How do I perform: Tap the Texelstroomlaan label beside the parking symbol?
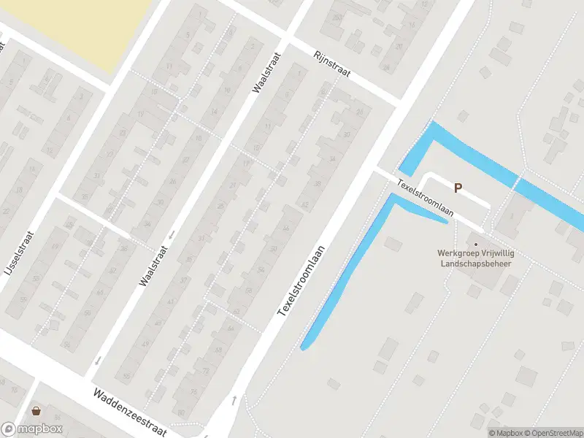click(426, 198)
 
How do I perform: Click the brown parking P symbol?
click(458, 188)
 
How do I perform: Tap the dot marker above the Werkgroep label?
click(477, 245)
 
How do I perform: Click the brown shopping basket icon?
click(35, 411)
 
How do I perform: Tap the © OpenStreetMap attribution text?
click(553, 433)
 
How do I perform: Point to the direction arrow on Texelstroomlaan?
click(234, 399)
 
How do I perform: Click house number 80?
click(181, 423)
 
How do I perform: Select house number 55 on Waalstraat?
click(126, 376)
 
